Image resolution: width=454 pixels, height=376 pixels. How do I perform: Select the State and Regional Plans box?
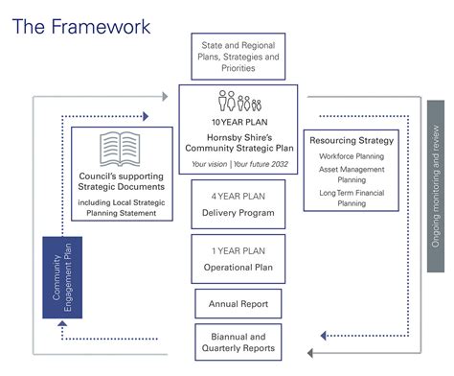(238, 57)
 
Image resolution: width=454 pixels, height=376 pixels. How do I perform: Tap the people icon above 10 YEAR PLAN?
(238, 102)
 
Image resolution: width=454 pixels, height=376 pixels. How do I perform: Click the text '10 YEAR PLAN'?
(238, 122)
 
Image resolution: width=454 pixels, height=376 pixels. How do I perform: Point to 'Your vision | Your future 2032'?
(238, 164)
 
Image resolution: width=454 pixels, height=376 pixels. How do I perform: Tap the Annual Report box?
(238, 304)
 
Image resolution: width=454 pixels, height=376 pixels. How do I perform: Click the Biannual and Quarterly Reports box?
(238, 342)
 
